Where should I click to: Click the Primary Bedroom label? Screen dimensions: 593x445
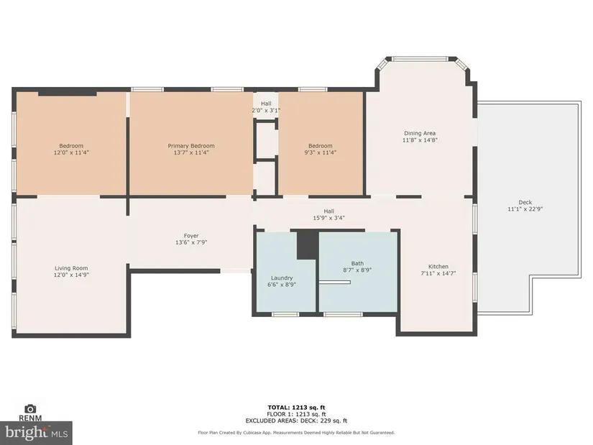pos(191,146)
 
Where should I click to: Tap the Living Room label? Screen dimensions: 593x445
pos(71,268)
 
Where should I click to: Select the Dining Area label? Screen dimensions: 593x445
pos(420,133)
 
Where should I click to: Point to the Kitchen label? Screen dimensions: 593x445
pos(438,267)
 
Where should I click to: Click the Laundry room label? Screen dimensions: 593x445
pos(282,277)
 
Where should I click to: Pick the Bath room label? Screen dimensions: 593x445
pos(357,263)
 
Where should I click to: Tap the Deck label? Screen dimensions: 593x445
pos(525,203)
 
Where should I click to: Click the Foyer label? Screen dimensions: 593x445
pos(191,236)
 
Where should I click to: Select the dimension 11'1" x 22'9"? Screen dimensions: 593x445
pos(525,209)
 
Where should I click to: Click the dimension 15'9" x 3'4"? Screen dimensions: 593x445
pos(329,218)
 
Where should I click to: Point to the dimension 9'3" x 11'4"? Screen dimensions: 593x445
pos(321,152)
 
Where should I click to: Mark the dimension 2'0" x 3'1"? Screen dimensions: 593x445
pos(266,111)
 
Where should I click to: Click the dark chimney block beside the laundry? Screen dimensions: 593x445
pos(308,245)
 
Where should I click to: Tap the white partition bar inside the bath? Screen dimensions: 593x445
pos(334,283)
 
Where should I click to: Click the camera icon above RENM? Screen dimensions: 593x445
pos(30,408)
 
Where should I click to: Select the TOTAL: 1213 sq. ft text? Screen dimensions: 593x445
pos(296,408)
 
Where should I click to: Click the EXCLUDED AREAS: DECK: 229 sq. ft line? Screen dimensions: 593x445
pos(296,421)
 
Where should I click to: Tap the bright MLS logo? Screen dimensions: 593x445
pos(37,433)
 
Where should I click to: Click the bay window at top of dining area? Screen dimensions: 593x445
pos(419,59)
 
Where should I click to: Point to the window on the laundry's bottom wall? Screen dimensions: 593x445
pos(285,314)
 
